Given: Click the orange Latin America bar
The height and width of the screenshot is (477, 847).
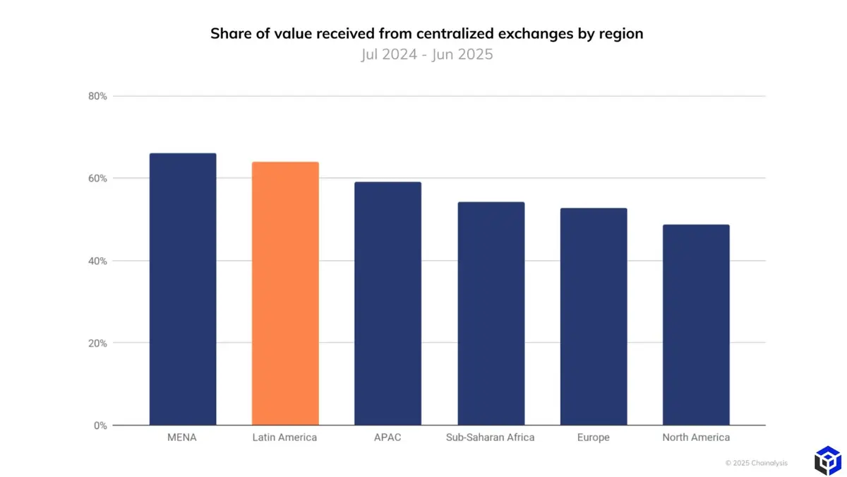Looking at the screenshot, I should click(x=285, y=293).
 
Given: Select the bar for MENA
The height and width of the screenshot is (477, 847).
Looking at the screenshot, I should click(x=183, y=289).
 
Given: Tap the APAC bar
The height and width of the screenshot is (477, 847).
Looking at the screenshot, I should click(x=388, y=304).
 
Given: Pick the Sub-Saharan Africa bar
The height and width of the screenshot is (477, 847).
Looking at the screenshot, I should click(x=491, y=314).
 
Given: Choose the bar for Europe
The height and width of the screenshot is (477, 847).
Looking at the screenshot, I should click(x=594, y=317).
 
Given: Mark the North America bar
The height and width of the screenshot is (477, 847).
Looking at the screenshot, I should click(x=696, y=325).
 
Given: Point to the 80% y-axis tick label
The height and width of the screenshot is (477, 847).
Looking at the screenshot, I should click(x=98, y=96).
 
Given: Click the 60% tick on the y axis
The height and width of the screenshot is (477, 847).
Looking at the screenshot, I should click(x=98, y=178).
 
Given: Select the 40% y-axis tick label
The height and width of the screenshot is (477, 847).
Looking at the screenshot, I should click(x=98, y=261).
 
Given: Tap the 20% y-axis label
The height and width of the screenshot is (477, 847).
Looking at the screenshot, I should click(x=98, y=343).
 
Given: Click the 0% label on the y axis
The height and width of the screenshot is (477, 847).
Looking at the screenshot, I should click(x=100, y=425).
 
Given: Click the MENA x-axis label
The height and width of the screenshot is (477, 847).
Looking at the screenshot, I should click(x=183, y=437).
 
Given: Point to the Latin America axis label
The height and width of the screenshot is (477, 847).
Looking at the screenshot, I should click(x=284, y=437).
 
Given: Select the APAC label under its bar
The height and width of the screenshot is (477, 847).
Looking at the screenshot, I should click(x=388, y=437).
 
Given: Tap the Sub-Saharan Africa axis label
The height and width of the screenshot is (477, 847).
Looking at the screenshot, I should click(x=491, y=437).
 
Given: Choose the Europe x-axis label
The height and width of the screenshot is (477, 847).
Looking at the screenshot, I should click(x=593, y=437).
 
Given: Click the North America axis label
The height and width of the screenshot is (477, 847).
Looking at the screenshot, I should click(x=696, y=437).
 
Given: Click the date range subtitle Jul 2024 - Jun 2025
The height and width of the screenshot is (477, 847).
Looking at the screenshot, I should click(x=426, y=54).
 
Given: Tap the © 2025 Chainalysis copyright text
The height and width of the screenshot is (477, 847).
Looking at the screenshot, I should click(x=756, y=463).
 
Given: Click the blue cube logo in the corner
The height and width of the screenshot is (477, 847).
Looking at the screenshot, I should click(x=827, y=460).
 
